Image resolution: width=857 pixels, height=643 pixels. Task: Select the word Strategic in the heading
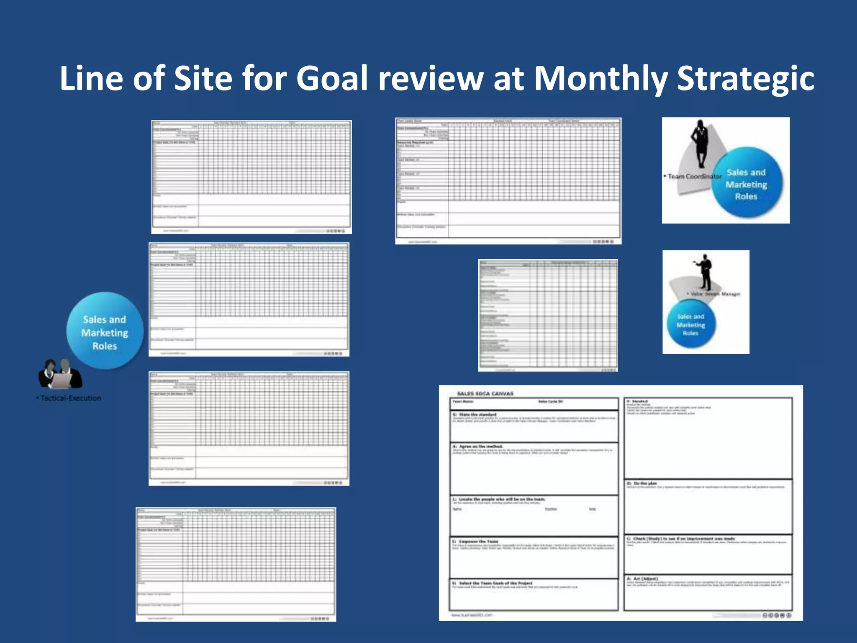[745, 79]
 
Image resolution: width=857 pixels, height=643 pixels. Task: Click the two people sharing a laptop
[60, 374]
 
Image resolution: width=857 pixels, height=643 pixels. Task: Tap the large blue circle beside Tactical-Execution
[105, 331]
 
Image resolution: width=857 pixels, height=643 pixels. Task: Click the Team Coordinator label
[694, 177]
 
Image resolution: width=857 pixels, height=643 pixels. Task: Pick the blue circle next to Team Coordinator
[747, 183]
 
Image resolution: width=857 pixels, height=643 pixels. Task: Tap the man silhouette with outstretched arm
[705, 272]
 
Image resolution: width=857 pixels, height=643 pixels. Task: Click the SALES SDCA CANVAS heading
[485, 394]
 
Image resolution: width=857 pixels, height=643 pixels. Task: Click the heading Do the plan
[645, 484]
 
